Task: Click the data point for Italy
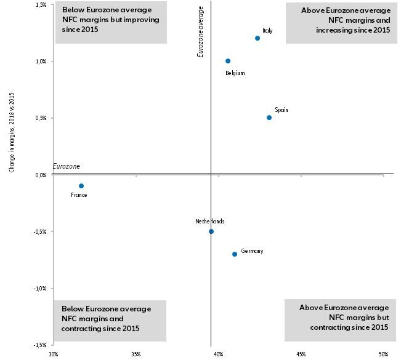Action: click(x=257, y=38)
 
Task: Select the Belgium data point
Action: click(x=228, y=61)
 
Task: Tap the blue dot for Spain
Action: click(x=269, y=118)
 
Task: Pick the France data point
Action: click(x=81, y=186)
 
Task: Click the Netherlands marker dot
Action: click(x=211, y=231)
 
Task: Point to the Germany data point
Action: click(x=235, y=254)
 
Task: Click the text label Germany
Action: click(x=252, y=251)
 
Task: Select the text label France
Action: click(x=79, y=195)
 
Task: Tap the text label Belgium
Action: click(x=235, y=73)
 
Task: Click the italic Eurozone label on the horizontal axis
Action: click(x=67, y=167)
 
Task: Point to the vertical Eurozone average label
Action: click(x=200, y=37)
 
